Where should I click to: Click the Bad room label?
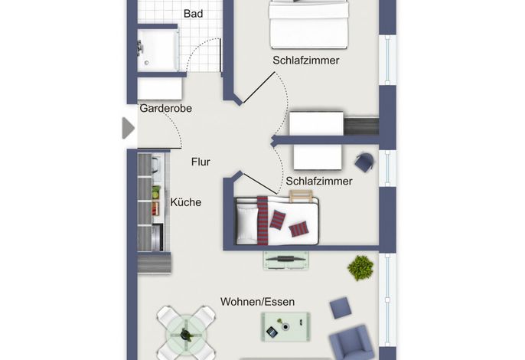193,14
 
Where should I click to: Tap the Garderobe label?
166,108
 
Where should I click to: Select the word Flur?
201,162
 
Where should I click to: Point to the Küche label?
186,202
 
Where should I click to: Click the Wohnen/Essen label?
257,302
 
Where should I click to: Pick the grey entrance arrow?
129,128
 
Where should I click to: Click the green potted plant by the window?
360,268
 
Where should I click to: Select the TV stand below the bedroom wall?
286,260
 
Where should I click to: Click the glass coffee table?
285,327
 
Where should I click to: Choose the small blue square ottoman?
341,308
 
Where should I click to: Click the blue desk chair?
364,162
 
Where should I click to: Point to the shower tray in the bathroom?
158,51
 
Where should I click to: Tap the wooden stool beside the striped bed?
301,196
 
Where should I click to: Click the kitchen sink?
156,165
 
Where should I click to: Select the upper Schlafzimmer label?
306,61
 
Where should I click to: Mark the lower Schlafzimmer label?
319,182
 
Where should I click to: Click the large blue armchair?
351,342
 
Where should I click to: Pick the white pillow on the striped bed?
247,221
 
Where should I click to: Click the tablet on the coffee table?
272,332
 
